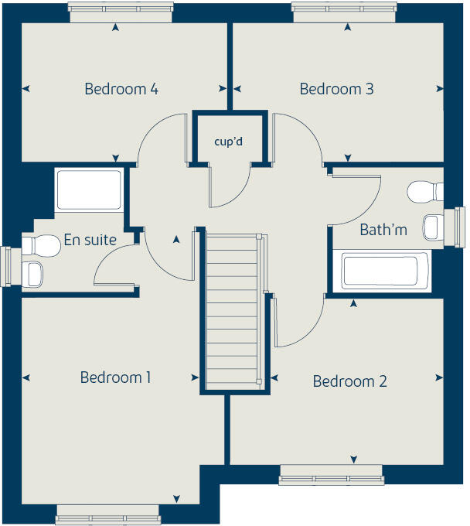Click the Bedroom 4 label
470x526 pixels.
point(121,89)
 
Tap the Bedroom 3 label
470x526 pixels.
point(336,89)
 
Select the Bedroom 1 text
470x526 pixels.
point(115,377)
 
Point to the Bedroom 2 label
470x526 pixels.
point(349,381)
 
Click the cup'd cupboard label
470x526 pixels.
point(230,142)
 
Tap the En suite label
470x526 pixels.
point(90,240)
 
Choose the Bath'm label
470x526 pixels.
point(383,230)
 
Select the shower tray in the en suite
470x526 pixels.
point(88,190)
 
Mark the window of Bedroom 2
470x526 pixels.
point(331,473)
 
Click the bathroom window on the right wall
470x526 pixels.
point(461,227)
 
